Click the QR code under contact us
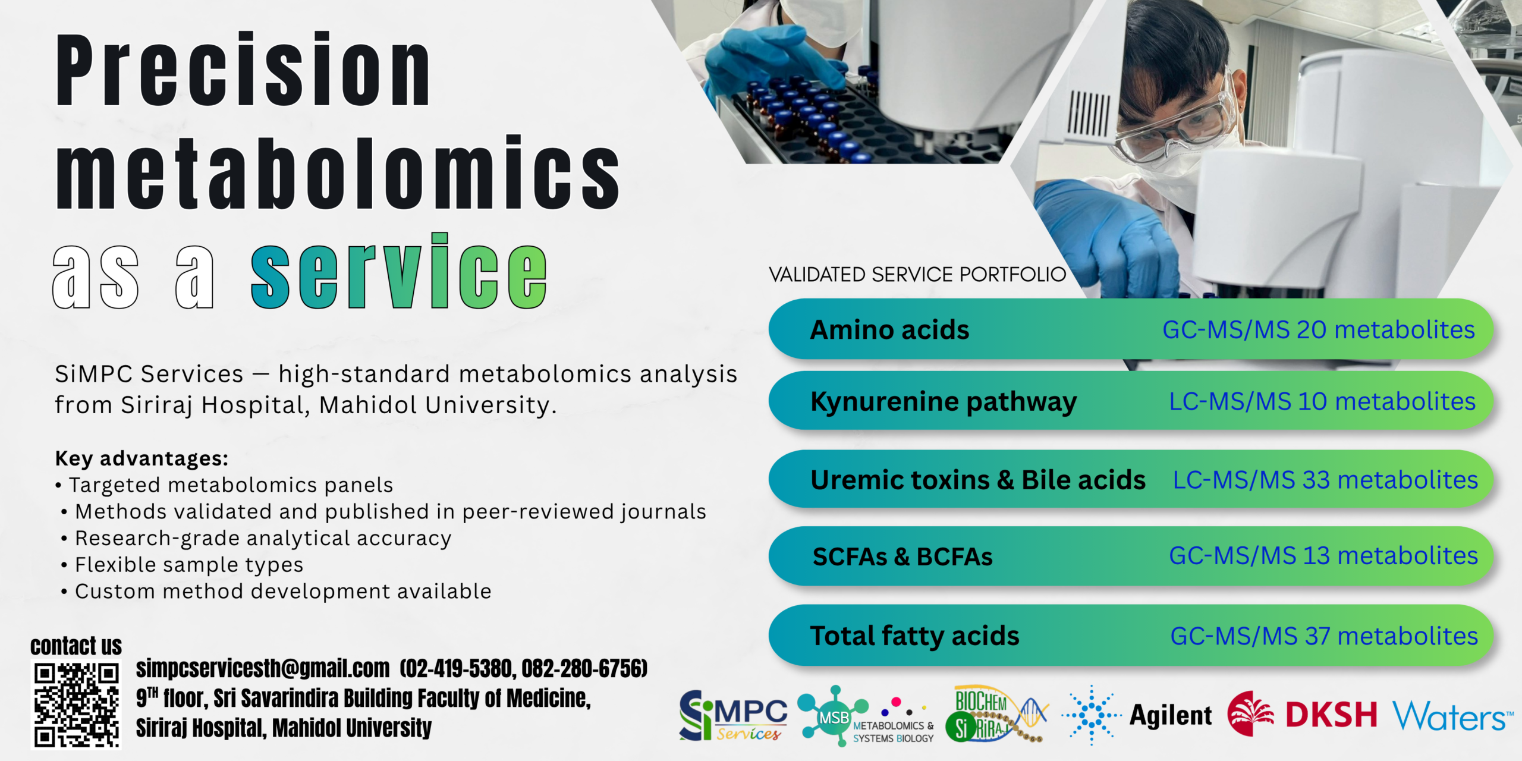76,705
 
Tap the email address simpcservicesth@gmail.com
263,668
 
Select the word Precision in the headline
243,70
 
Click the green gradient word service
398,271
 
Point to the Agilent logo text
1170,715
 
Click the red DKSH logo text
1331,714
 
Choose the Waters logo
1452,716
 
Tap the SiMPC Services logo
733,715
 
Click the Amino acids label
889,329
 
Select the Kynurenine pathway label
944,402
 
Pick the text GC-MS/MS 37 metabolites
1324,636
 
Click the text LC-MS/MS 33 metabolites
1325,480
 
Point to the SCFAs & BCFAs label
902,556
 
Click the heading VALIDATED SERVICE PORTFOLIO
917,275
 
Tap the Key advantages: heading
141,458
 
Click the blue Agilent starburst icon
1092,715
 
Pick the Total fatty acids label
914,636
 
